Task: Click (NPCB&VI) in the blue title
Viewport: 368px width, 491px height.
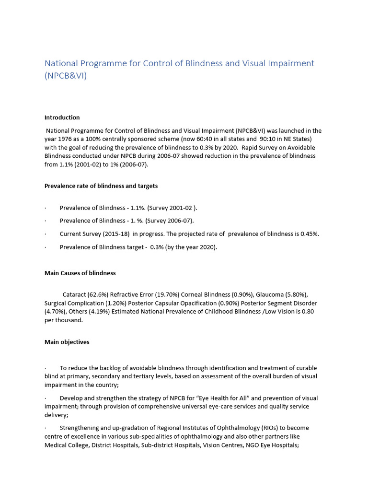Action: (66, 76)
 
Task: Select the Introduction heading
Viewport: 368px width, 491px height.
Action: (62, 117)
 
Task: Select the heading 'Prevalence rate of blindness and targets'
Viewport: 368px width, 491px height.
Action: (101, 186)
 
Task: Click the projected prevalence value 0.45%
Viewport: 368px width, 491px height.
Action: (310, 234)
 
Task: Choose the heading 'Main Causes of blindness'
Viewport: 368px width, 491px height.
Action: (80, 273)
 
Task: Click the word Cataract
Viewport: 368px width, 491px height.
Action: (75, 294)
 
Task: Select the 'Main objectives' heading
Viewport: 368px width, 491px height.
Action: (67, 342)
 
